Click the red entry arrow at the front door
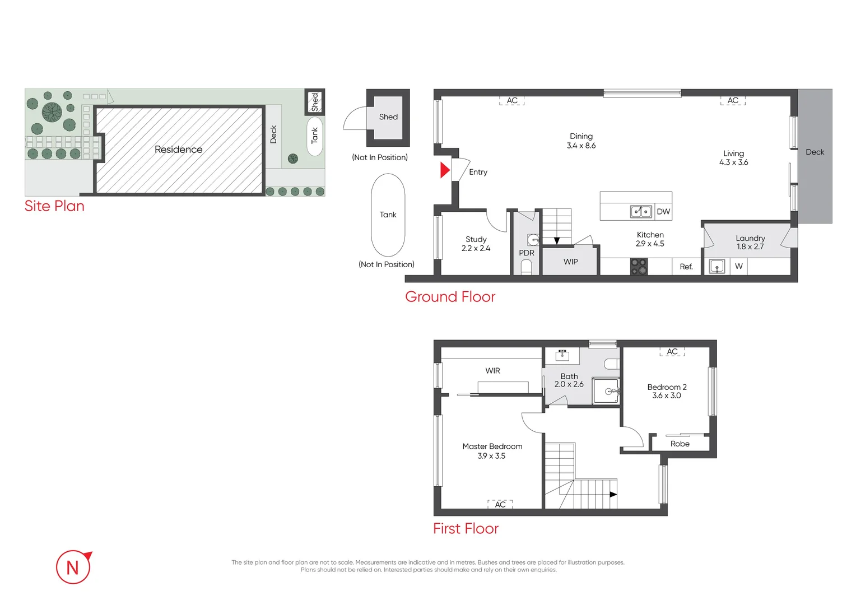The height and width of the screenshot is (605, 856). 445,170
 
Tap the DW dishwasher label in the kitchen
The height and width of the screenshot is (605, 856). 663,212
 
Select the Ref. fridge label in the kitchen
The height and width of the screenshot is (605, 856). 686,267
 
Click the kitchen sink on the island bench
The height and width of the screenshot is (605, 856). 641,211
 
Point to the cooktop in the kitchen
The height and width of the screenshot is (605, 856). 639,267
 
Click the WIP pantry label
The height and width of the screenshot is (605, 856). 570,262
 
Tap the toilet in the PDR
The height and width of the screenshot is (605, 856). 526,267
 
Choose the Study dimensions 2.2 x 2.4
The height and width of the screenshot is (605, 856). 476,248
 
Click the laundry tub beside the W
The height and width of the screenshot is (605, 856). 717,267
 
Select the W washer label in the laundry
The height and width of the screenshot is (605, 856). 739,267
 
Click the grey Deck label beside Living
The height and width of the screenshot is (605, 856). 815,152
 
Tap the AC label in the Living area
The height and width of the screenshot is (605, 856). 733,101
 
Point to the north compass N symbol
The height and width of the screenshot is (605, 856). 73,567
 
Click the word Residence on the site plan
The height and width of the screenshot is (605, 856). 178,150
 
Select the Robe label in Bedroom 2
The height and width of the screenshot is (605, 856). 680,444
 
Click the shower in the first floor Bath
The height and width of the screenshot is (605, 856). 606,391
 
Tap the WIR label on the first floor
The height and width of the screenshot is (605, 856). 492,371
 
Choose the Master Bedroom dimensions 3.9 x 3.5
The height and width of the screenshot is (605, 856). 491,456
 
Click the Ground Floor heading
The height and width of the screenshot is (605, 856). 450,297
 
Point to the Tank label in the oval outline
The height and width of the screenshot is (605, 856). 388,215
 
